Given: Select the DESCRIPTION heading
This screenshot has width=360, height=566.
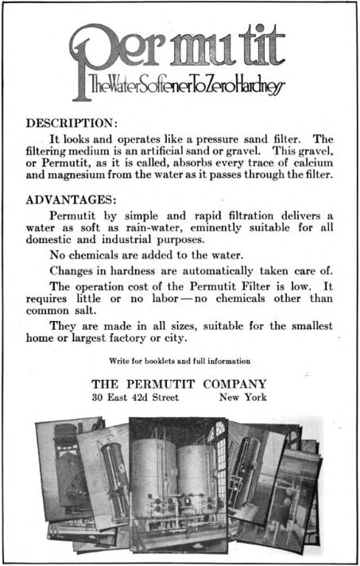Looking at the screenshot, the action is pos(72,124).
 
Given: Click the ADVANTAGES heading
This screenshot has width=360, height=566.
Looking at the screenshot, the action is pos(72,199).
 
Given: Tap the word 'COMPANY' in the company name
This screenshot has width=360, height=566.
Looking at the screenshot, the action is pos(236,383).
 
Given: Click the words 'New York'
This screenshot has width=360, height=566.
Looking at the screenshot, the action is pos(243,397).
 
